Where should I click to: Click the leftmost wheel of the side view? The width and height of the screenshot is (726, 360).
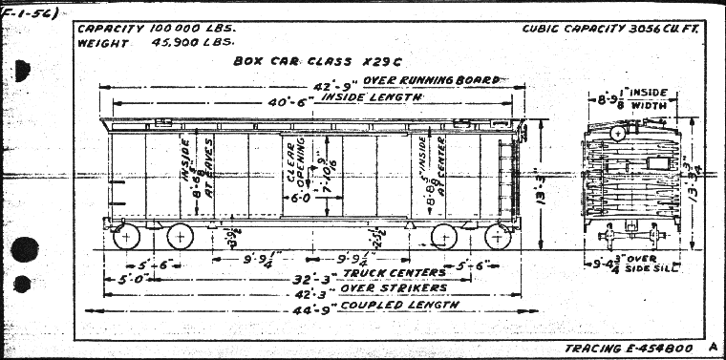[125, 235]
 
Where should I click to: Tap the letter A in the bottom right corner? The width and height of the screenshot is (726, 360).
[712, 347]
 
